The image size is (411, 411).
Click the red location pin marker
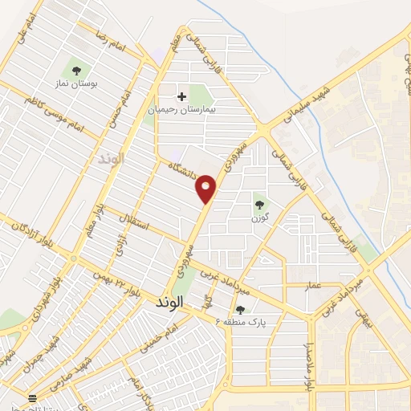(x=206, y=188)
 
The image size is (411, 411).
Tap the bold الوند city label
(x=167, y=301)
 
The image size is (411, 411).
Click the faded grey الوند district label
(x=112, y=157)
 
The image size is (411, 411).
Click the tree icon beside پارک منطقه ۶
(x=240, y=310)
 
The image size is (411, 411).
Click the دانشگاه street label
(x=183, y=172)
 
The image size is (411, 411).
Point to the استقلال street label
(x=132, y=222)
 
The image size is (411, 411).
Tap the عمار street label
(x=313, y=285)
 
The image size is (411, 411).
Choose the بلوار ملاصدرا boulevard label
(x=308, y=365)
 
